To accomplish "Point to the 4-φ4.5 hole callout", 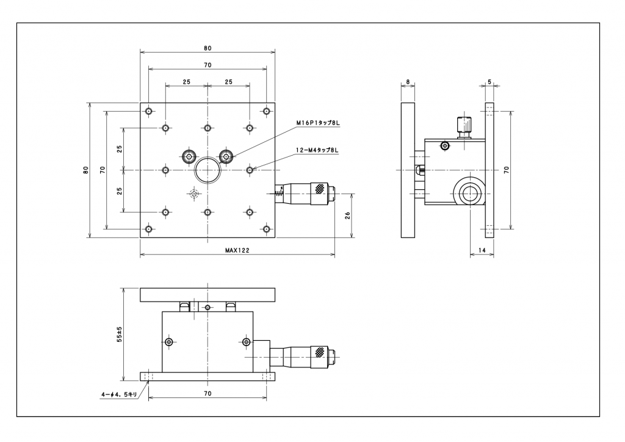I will pyautogui.click(x=120, y=394).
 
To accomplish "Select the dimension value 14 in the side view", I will pyautogui.click(x=482, y=250).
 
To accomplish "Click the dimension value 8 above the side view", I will pyautogui.click(x=408, y=81).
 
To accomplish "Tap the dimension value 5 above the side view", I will pyautogui.click(x=490, y=81).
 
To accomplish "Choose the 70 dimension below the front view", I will pyautogui.click(x=208, y=394).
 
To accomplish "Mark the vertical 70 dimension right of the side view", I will pyautogui.click(x=507, y=170).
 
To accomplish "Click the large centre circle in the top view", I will pyautogui.click(x=208, y=170).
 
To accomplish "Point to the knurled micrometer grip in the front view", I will pyautogui.click(x=319, y=352).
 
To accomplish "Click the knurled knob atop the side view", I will pyautogui.click(x=464, y=126).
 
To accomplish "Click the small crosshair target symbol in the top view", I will pyautogui.click(x=194, y=194).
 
